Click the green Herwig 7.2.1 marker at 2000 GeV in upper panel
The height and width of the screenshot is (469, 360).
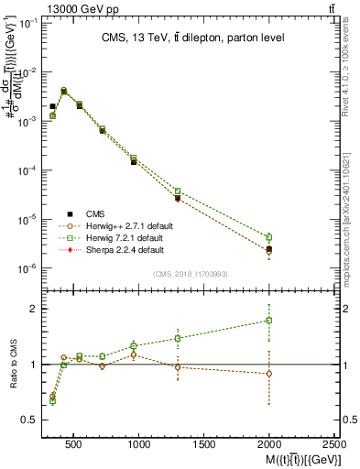268,237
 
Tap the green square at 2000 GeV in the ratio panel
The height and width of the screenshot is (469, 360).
268,321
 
